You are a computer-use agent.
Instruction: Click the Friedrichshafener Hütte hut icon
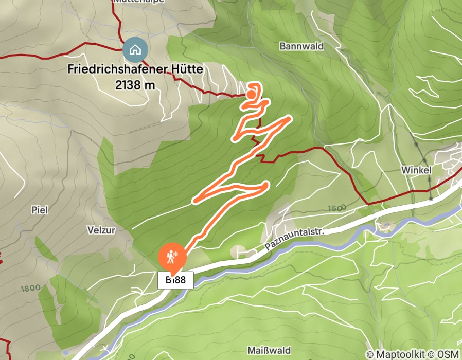tap(135, 50)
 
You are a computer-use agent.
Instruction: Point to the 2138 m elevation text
tap(135, 85)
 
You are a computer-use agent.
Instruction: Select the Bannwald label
tap(301, 46)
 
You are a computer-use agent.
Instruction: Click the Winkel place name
tap(416, 170)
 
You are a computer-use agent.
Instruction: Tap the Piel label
tap(40, 210)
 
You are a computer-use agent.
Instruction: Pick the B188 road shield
tap(175, 280)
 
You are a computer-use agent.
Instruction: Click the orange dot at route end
tap(251, 94)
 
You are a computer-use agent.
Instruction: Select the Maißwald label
tap(269, 350)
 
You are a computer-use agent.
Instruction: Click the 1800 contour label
tap(31, 288)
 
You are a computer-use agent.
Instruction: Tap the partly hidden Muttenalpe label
tap(138, 2)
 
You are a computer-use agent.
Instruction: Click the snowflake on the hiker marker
tap(175, 255)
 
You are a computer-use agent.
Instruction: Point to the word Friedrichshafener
tap(118, 69)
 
